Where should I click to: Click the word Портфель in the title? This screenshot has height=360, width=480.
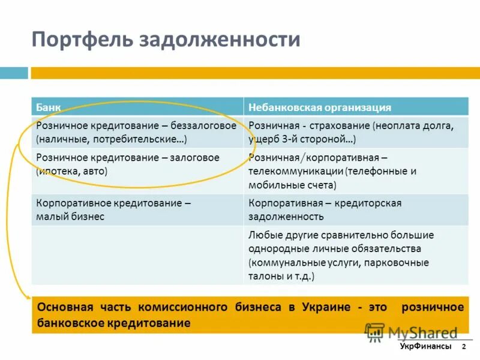tap(82, 40)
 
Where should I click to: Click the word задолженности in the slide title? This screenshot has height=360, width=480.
tap(220, 40)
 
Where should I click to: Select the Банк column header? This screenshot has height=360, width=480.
tap(48, 107)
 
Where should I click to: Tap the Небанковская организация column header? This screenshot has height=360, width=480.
tap(320, 107)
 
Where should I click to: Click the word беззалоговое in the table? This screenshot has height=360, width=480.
tap(203, 126)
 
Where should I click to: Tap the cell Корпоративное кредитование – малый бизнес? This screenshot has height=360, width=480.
tap(113, 209)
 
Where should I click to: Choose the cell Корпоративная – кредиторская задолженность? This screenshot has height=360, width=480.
tap(325, 209)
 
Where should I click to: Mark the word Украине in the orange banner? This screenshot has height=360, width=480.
tap(325, 307)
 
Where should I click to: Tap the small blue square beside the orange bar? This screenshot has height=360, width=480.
tap(14, 73)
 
